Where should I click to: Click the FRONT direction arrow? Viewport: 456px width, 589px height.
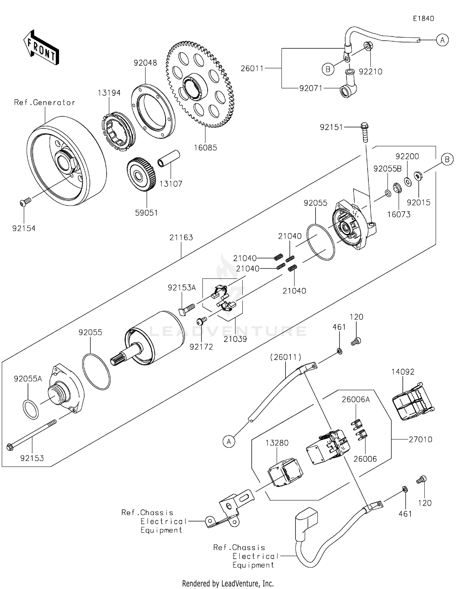coord(41,48)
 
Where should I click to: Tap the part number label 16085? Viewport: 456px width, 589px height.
coord(206,148)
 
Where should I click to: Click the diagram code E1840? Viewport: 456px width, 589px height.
coord(423,19)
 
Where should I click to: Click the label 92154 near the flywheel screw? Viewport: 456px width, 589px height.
coord(24,228)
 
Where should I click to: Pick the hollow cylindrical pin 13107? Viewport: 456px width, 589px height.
coord(168,158)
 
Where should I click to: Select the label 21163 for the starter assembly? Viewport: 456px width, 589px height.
coord(181,237)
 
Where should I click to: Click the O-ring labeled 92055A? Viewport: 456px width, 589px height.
coord(31,410)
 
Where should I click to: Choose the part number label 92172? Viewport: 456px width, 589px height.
coord(201,347)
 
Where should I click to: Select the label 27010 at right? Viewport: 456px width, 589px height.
coord(420,439)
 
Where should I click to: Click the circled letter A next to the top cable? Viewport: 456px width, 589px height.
coord(442,40)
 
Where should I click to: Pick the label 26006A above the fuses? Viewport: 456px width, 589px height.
coord(356,399)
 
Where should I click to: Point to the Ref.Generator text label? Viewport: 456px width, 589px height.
coord(44,103)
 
